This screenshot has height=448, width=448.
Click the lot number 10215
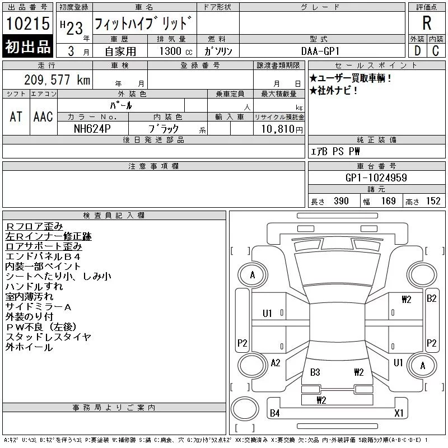point(28,24)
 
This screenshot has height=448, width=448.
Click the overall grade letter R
point(427,23)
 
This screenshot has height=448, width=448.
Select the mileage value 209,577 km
point(57,80)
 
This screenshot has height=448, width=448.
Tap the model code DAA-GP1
point(320,51)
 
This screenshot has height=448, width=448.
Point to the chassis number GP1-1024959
point(376,178)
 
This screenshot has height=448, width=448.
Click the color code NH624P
point(92,129)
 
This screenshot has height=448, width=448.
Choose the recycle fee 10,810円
point(282,129)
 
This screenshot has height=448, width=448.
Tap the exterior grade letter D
point(418,51)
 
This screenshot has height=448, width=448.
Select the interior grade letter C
point(436,51)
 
